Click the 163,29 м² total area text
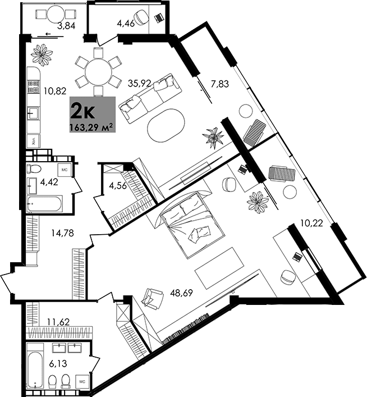point(91,126)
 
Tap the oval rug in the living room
point(166,125)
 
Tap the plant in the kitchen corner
point(42,54)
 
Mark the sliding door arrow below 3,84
point(48,35)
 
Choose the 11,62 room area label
point(58,322)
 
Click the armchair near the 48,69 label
point(152,297)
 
